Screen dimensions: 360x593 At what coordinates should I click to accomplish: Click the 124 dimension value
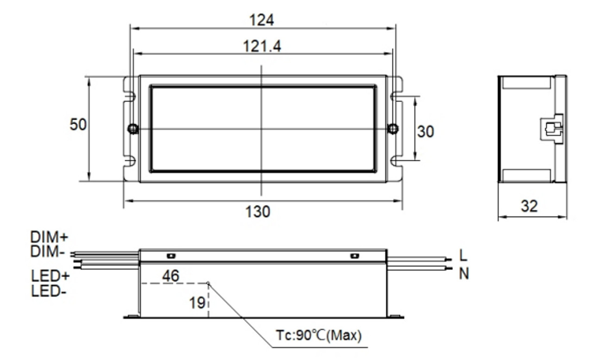click(x=262, y=20)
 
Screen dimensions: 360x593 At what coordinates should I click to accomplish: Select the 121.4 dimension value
click(x=262, y=46)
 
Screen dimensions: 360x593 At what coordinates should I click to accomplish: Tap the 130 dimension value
click(x=258, y=212)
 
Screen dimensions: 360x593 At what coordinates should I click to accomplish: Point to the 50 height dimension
click(x=78, y=125)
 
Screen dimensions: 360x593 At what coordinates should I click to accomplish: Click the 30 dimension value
click(x=426, y=132)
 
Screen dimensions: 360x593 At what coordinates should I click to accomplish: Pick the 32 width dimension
click(x=529, y=206)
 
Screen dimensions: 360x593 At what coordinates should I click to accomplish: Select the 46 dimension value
click(x=170, y=276)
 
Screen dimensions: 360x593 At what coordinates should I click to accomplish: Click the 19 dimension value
click(x=197, y=303)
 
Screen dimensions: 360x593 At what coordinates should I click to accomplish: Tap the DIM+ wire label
click(x=49, y=237)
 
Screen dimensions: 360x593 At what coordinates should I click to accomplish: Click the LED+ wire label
click(x=50, y=276)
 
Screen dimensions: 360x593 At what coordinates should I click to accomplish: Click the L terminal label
click(x=464, y=255)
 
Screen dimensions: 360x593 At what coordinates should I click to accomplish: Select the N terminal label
click(x=464, y=274)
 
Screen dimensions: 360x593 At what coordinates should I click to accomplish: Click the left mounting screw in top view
click(x=133, y=129)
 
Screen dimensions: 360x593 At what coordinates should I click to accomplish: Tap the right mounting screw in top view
click(x=393, y=129)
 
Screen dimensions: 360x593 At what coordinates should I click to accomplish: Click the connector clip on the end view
click(x=553, y=129)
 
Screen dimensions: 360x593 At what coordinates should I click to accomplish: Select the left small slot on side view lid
click(x=170, y=256)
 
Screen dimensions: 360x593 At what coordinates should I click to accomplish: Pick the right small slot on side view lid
click(x=355, y=256)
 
